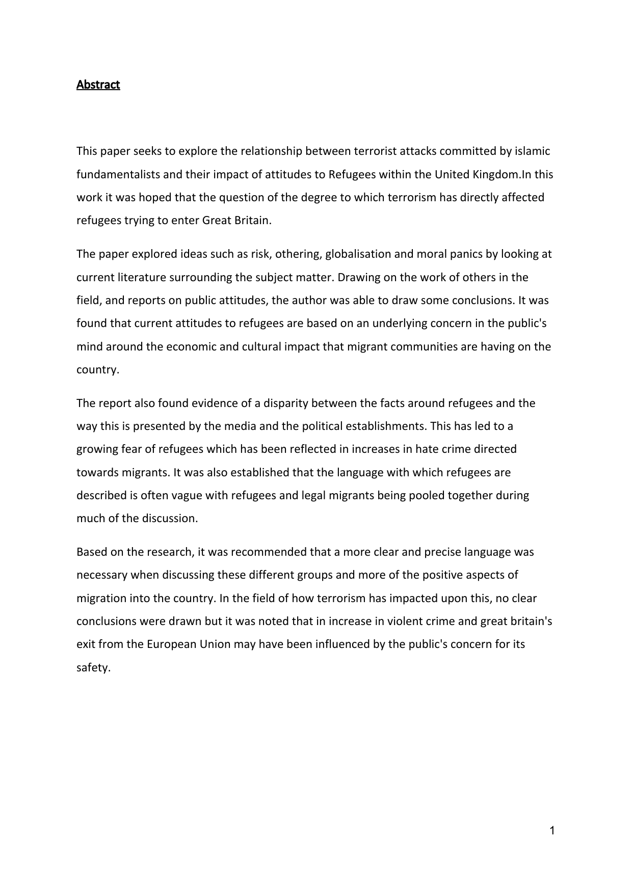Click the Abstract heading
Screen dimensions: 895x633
coord(98,85)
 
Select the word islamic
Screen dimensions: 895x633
coord(532,151)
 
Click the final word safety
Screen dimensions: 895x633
coord(93,668)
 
